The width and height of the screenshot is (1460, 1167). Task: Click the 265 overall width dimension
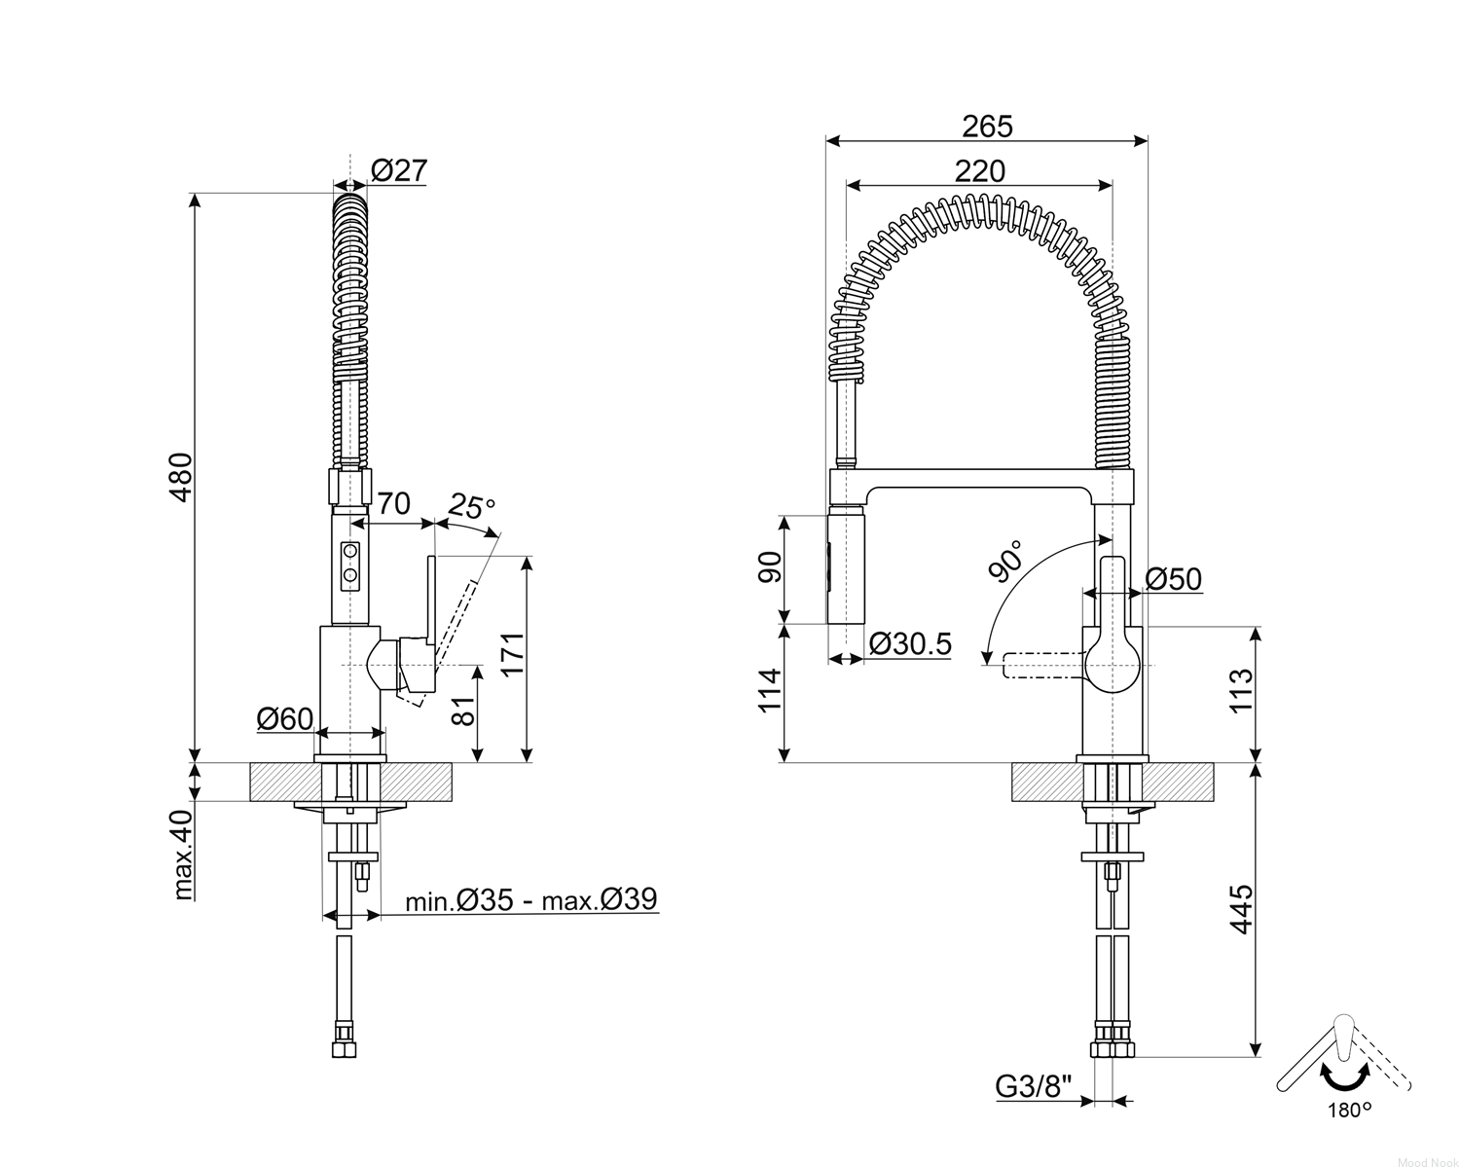[987, 127]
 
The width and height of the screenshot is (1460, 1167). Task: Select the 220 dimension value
[980, 171]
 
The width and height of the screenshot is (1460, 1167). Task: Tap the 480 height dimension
[181, 477]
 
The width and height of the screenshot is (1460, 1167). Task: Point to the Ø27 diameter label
[400, 170]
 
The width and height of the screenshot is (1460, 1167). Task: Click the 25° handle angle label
[471, 506]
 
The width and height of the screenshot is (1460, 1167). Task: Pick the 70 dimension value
[393, 504]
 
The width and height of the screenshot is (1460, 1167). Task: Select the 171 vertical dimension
[513, 653]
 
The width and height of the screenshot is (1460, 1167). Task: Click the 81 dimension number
[463, 711]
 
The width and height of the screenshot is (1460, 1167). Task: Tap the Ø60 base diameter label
[285, 718]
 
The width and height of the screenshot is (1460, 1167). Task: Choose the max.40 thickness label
[183, 855]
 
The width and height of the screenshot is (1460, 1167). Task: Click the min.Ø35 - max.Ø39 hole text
[531, 899]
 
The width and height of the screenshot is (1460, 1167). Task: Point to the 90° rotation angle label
[1006, 563]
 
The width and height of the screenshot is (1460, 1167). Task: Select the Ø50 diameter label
[1173, 579]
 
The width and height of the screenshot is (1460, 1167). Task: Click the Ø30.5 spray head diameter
[910, 643]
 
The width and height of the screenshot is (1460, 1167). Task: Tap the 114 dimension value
[771, 691]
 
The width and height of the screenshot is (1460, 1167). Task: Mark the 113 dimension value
[1241, 690]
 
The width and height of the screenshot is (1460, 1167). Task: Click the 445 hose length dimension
[1241, 909]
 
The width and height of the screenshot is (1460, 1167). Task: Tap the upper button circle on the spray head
[350, 550]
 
